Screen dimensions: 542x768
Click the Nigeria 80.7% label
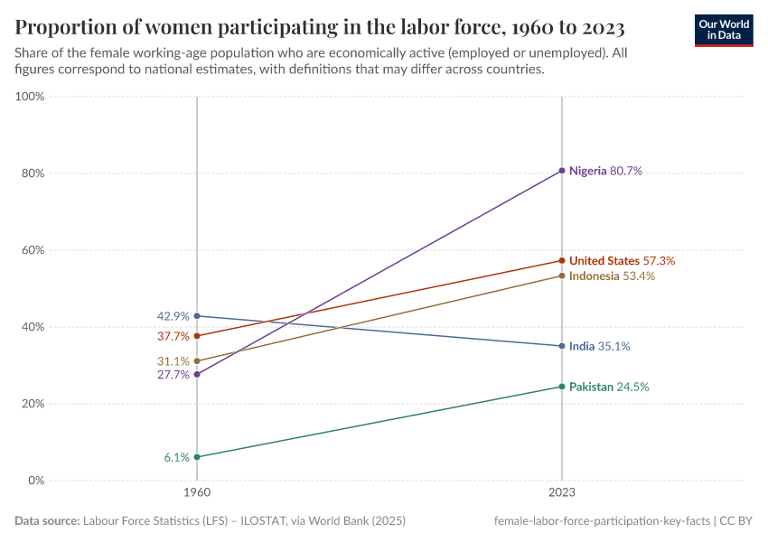coord(605,171)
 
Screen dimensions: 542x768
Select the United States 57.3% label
coord(622,260)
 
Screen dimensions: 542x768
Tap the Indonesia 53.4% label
coord(612,276)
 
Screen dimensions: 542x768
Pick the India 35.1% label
coord(599,346)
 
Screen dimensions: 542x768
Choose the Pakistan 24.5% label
coord(608,387)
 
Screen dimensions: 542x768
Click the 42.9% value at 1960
coord(173,316)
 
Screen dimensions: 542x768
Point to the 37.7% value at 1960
coord(173,336)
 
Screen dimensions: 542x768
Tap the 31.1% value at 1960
coord(173,361)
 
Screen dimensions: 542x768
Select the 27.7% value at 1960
coord(173,375)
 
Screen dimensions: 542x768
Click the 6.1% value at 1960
coord(176,457)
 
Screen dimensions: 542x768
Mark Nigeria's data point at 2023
coord(562,171)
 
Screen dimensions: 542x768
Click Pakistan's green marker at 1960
coord(197,457)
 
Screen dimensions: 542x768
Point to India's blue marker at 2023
coord(562,346)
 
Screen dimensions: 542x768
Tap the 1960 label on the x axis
coord(197,494)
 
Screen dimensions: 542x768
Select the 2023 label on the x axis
coord(562,494)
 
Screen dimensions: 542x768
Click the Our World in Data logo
coord(723,30)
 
